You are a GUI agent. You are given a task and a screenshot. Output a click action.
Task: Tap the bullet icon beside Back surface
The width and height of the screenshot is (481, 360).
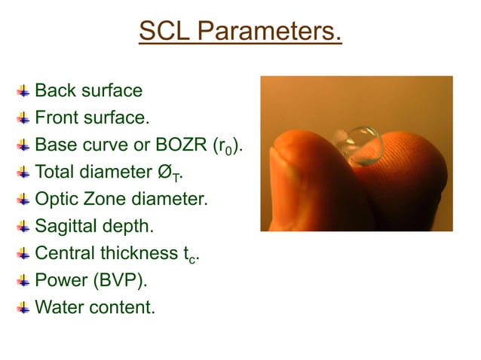(x=24, y=91)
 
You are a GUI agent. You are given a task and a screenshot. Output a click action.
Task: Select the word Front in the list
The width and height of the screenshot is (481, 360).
(x=57, y=118)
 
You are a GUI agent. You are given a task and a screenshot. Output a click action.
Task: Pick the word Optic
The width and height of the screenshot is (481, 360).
(x=57, y=200)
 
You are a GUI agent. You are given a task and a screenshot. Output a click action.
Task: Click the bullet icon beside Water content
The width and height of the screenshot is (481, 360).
(x=24, y=307)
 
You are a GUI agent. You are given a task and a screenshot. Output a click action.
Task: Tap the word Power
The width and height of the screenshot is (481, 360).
(x=60, y=280)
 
